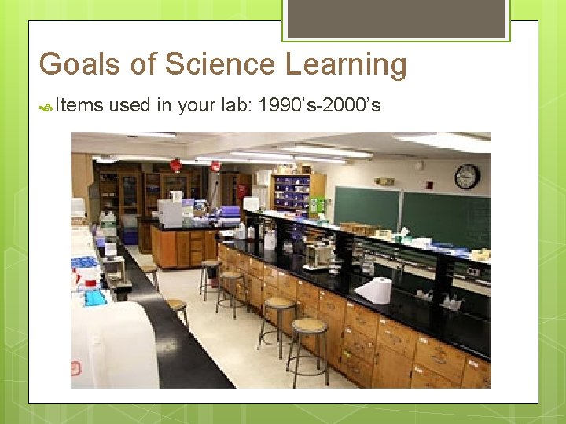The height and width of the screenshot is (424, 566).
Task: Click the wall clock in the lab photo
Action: (x=466, y=177)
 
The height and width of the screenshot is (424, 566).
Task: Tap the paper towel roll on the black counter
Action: (x=375, y=290)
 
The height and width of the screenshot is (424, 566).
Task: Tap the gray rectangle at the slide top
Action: (x=396, y=18)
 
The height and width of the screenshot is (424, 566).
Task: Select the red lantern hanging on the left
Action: (x=175, y=165)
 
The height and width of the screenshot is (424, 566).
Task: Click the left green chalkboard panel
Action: (x=366, y=207)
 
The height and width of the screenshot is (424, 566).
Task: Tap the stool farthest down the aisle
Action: (x=210, y=265)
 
